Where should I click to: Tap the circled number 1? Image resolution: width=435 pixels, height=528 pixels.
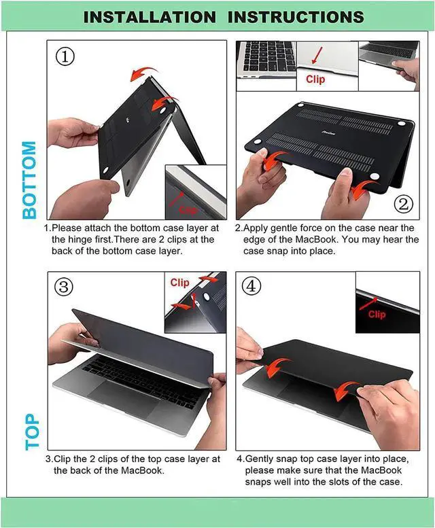point(65,56)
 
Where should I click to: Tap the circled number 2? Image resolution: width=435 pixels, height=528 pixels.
point(404,203)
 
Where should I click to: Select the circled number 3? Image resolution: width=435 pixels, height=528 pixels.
point(64,286)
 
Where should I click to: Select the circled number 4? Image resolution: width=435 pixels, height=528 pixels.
point(252,286)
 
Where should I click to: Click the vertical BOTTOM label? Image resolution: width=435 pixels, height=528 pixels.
point(29,179)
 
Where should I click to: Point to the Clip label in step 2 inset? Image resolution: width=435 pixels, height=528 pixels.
point(315,80)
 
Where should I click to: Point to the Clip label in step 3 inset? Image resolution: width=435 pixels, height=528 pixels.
point(180,282)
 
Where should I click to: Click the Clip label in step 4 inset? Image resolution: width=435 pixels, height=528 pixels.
point(377,314)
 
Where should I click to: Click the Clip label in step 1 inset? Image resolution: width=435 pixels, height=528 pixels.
point(188,210)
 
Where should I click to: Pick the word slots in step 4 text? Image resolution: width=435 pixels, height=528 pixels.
point(347,482)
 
